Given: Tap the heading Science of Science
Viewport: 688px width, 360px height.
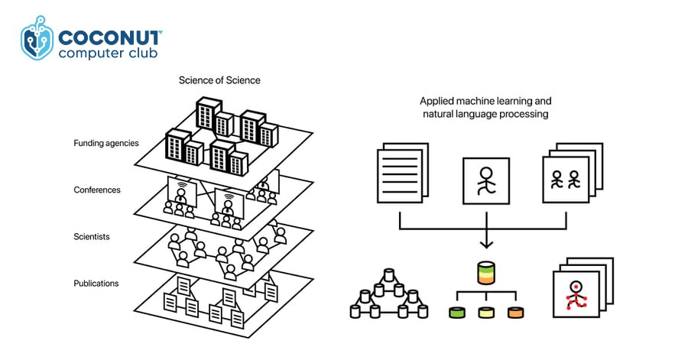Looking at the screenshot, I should click(219, 79).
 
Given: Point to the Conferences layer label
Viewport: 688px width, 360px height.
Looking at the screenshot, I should click(96, 190).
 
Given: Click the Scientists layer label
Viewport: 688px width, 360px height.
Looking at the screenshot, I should click(92, 237).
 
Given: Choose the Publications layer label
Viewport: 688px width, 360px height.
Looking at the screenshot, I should click(96, 283).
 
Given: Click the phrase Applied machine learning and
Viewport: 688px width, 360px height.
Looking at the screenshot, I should click(485, 100).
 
